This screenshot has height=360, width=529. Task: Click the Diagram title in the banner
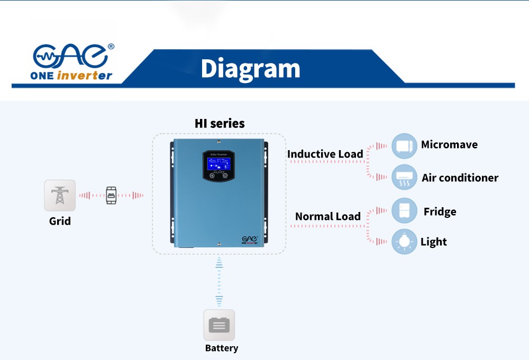[250, 69]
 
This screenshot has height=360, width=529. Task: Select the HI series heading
[220, 124]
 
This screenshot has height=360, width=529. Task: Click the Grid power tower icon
[60, 195]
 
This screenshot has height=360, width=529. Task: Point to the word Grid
[60, 221]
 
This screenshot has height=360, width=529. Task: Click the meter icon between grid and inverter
[111, 195]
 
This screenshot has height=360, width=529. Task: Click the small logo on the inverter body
[250, 240]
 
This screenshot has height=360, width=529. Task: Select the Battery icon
[219, 325]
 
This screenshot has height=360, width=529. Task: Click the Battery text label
[222, 348]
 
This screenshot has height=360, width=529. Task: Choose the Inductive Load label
[325, 154]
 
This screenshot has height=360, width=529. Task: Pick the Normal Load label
[328, 216]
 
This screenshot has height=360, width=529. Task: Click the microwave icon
[404, 146]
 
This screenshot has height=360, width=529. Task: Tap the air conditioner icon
[404, 178]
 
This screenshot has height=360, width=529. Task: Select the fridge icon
[404, 211]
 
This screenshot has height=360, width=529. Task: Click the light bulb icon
[404, 242]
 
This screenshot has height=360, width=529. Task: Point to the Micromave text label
[449, 145]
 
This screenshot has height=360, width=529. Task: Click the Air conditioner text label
[460, 178]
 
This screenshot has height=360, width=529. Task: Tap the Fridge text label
[440, 212]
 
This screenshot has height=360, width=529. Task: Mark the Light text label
[433, 242]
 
